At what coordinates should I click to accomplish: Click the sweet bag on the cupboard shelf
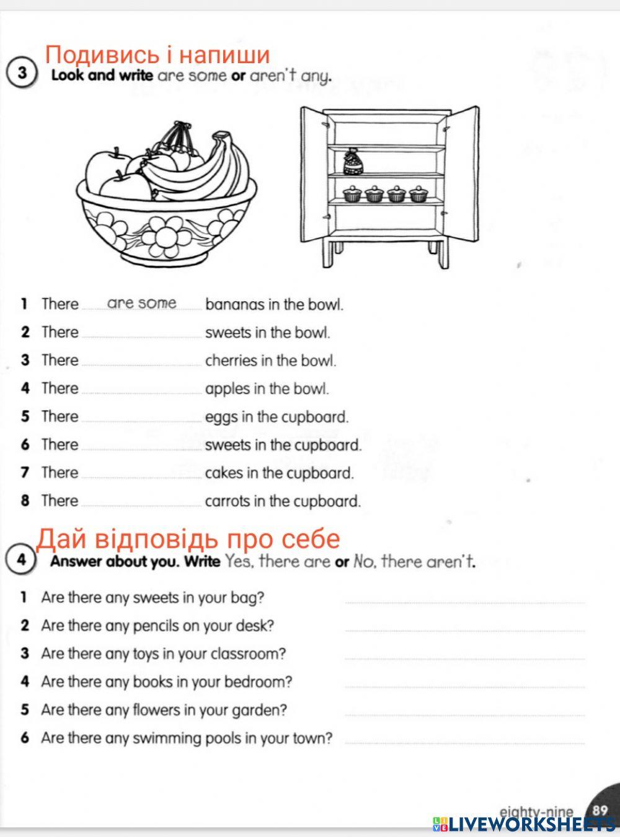(x=352, y=162)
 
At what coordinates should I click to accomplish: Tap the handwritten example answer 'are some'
(x=142, y=303)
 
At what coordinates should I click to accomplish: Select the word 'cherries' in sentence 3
(x=230, y=360)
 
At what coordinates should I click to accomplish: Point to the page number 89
(x=600, y=809)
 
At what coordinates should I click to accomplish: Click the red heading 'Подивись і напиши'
(x=158, y=55)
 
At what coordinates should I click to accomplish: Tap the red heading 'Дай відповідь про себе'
(x=189, y=539)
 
